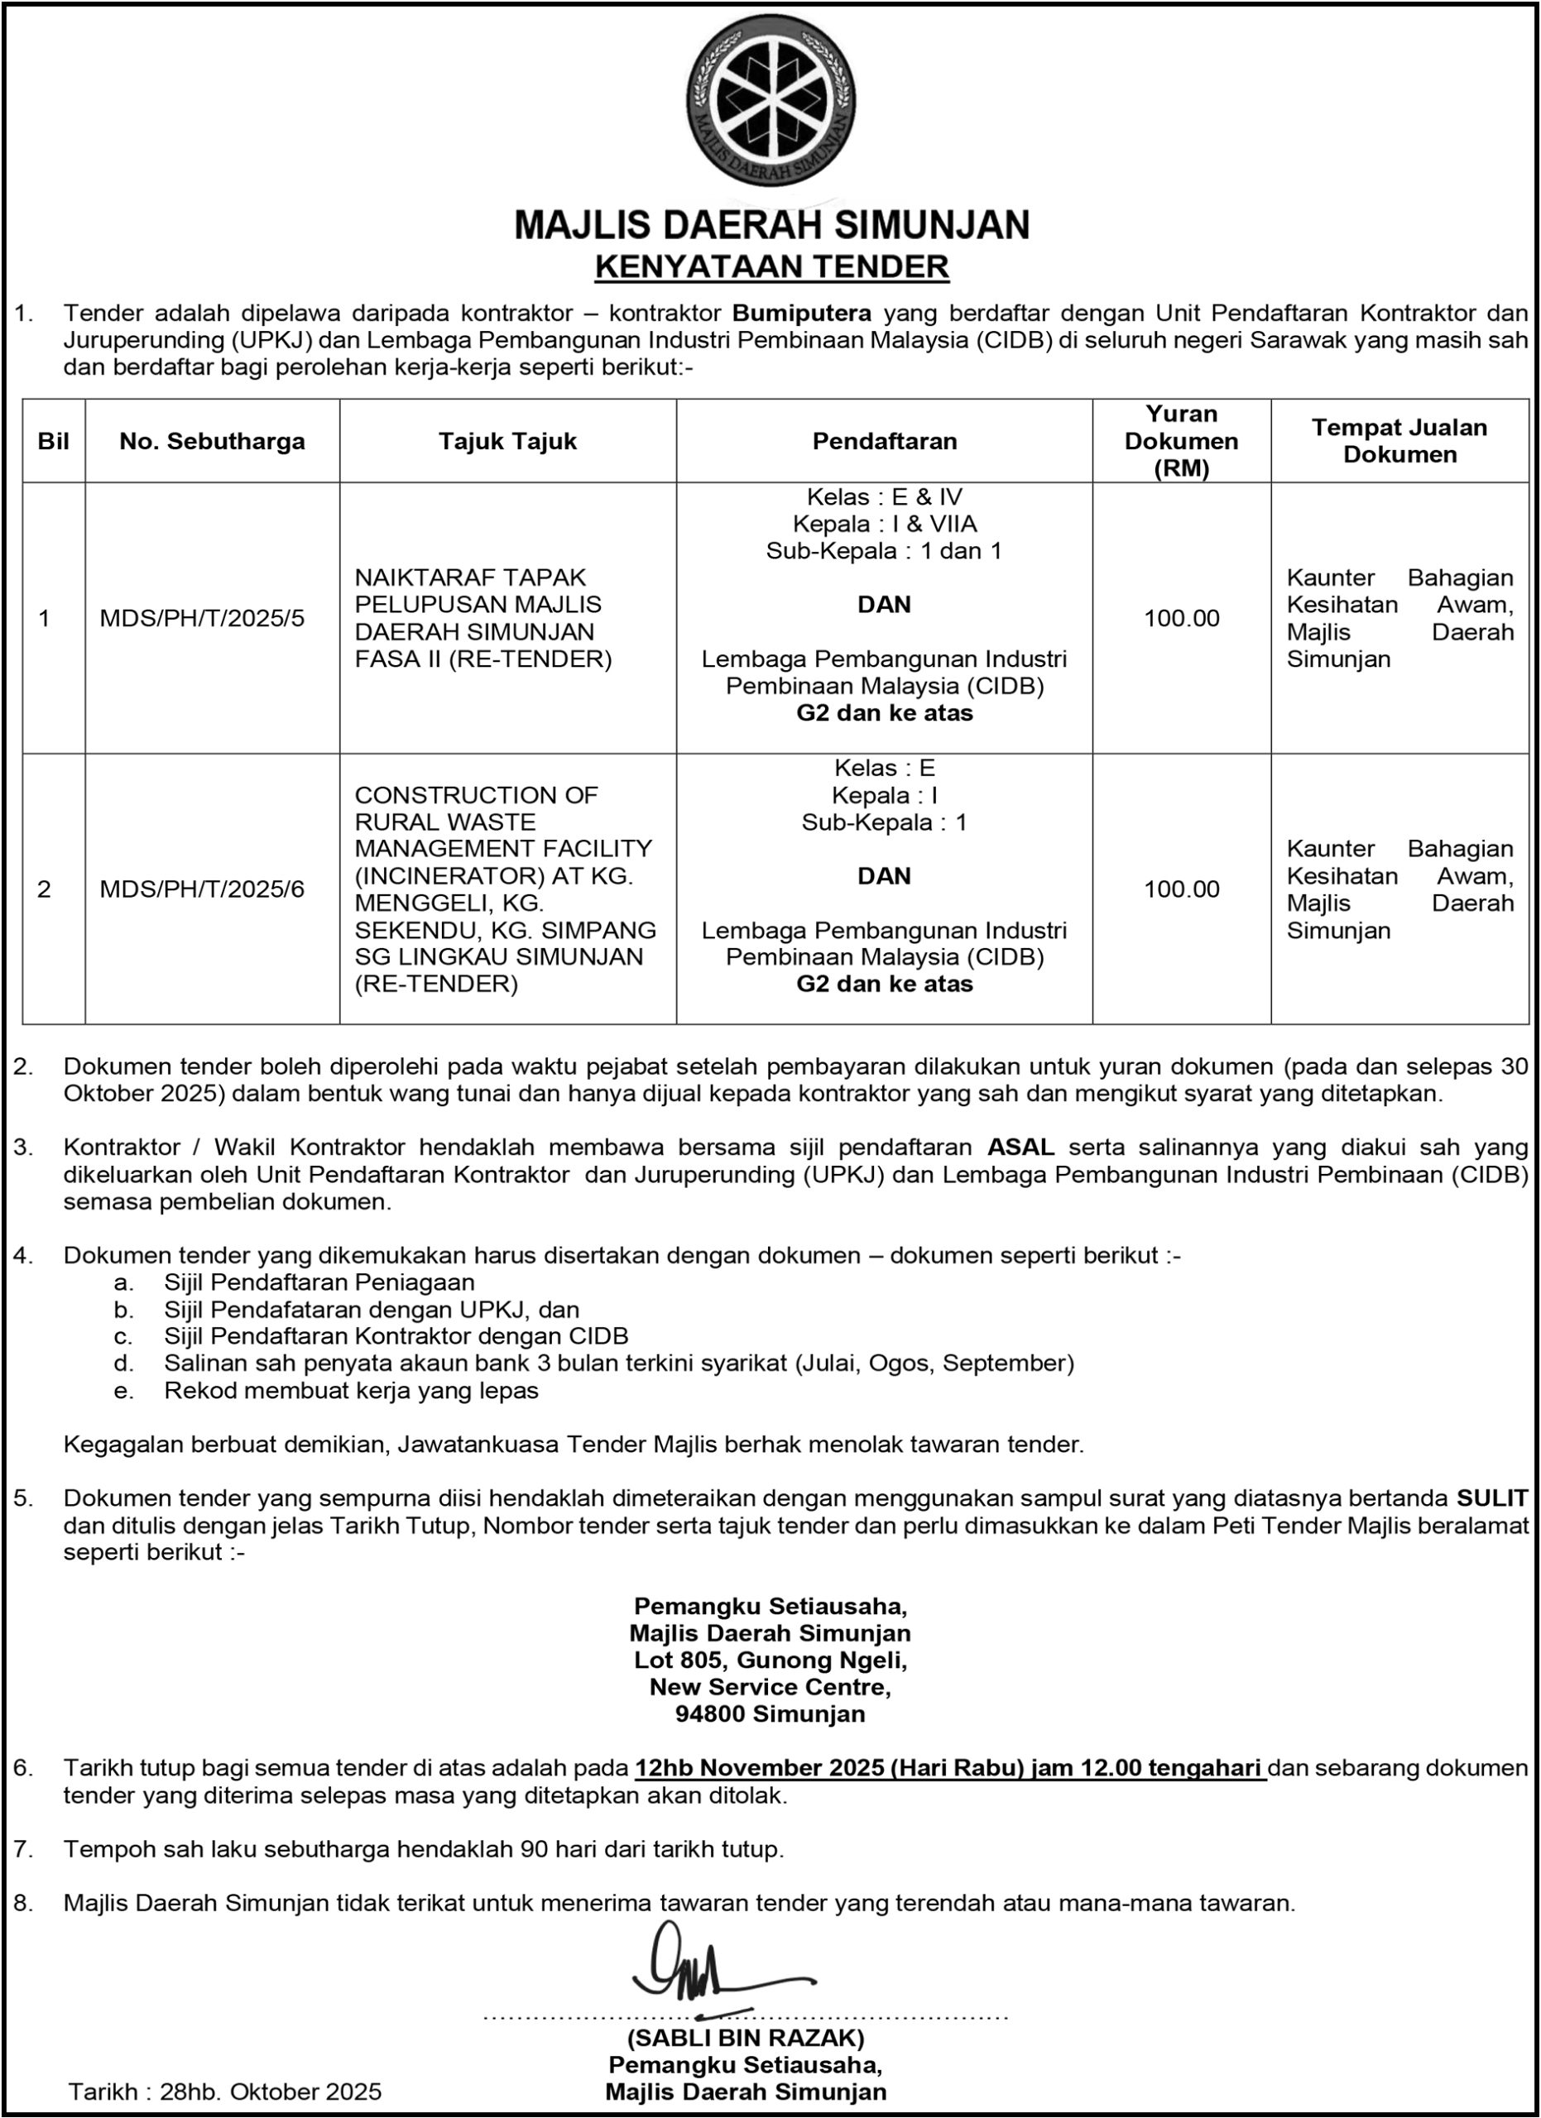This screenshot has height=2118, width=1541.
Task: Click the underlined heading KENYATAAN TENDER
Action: pyautogui.click(x=771, y=267)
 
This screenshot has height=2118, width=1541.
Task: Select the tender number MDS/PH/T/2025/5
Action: pyautogui.click(x=202, y=618)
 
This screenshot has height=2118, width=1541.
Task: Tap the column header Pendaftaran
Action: pyautogui.click(x=884, y=441)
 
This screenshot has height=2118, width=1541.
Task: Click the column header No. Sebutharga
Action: pyautogui.click(x=212, y=441)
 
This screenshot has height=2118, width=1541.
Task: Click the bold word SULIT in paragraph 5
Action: pyautogui.click(x=1491, y=1498)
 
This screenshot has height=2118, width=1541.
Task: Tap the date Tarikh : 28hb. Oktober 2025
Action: pyautogui.click(x=225, y=2092)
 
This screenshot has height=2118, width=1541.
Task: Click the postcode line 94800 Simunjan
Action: pyautogui.click(x=770, y=1713)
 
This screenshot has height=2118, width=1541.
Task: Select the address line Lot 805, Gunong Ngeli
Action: pyautogui.click(x=770, y=1660)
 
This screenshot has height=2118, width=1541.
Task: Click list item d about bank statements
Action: pyautogui.click(x=618, y=1363)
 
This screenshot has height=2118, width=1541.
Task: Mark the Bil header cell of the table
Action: pyautogui.click(x=53, y=441)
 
